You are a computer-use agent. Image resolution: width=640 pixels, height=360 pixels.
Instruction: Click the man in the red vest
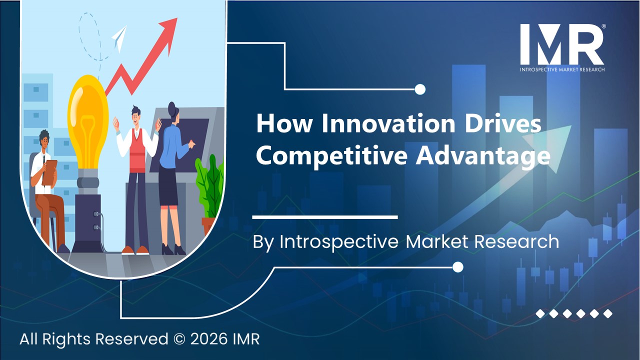coord(135,170)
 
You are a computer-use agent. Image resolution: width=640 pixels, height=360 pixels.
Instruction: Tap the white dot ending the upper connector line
coord(420,89)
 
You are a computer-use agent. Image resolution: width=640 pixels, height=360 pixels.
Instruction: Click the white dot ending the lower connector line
coord(457,267)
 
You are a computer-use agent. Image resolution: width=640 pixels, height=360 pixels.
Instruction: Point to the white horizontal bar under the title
coord(324,217)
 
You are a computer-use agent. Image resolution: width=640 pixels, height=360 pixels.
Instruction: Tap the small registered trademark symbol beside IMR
coord(603,27)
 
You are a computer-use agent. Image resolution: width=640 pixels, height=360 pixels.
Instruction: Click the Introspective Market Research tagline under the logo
coord(562,69)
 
